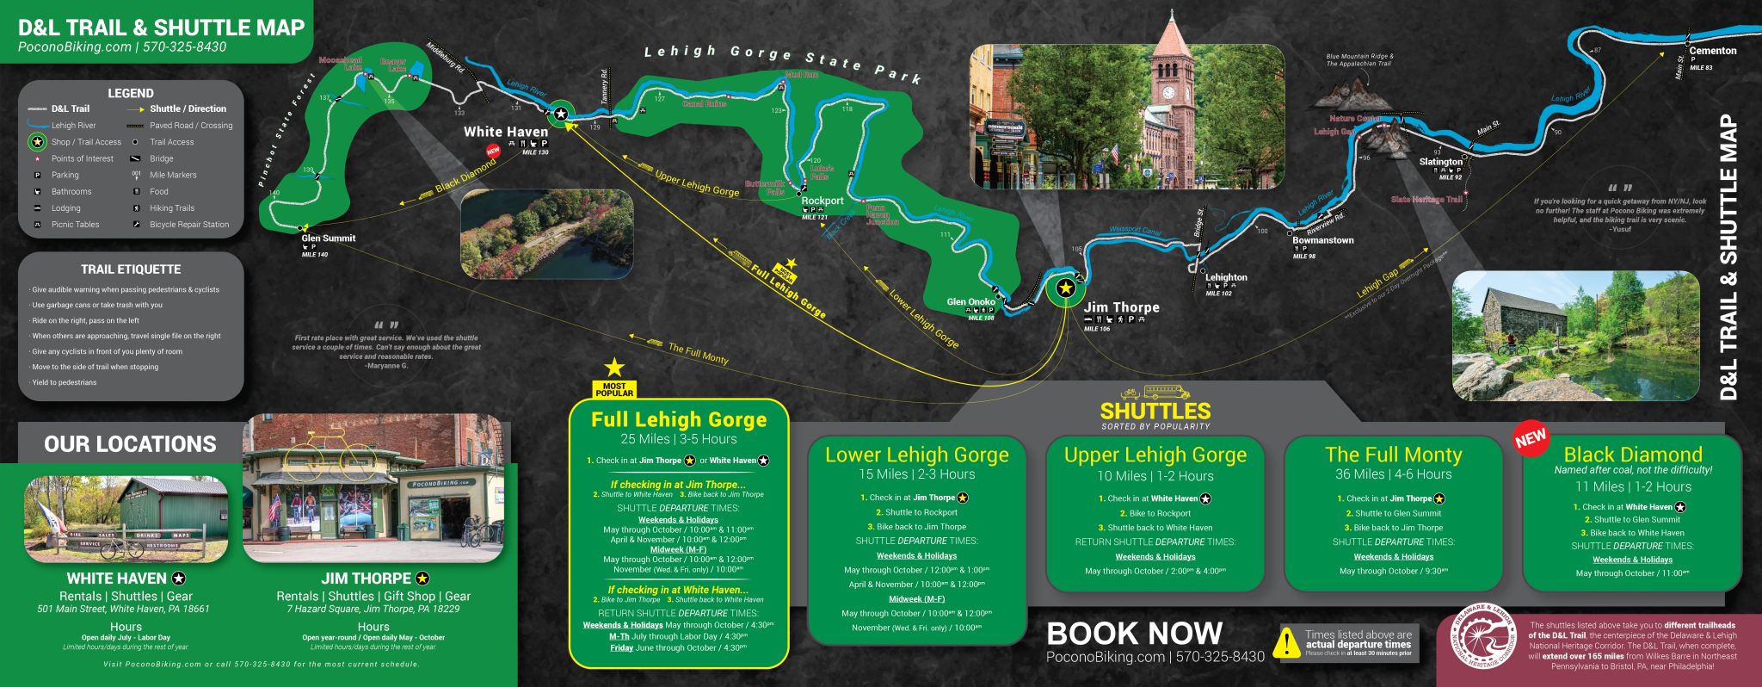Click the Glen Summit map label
[x=328, y=238]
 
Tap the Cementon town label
[x=1712, y=51]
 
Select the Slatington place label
[x=1440, y=162]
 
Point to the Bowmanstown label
[x=1322, y=241]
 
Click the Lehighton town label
[x=1225, y=278]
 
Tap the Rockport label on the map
[x=822, y=201]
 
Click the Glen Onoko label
[x=970, y=302]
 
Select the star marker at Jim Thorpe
[x=1065, y=288]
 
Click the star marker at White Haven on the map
[x=561, y=114]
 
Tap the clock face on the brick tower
[x=1168, y=93]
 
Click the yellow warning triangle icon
[x=1286, y=642]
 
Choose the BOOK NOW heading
[x=1134, y=634]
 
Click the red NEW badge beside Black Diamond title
[x=1531, y=438]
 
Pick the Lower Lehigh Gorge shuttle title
[x=916, y=455]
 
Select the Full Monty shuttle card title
[x=1393, y=455]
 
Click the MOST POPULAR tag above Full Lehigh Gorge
[x=613, y=389]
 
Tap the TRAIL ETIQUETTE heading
[x=131, y=269]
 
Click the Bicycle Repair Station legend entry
[x=188, y=225]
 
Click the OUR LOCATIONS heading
[x=130, y=444]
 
